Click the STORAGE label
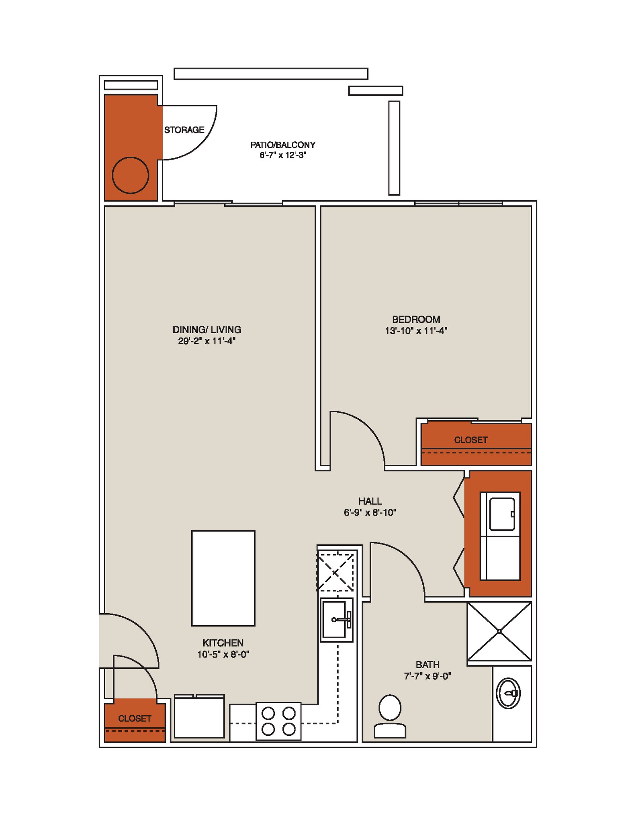(184, 130)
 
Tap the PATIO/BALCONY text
(282, 145)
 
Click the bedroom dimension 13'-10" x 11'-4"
(416, 331)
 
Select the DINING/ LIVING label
(207, 330)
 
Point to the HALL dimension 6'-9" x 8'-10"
(370, 512)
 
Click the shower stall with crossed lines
(499, 631)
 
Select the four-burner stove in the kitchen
(278, 721)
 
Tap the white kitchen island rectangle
(223, 578)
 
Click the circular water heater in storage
(130, 175)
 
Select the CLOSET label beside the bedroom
(470, 440)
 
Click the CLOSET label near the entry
(134, 719)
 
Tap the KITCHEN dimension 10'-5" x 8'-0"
(223, 655)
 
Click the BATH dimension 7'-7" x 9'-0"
(427, 676)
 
